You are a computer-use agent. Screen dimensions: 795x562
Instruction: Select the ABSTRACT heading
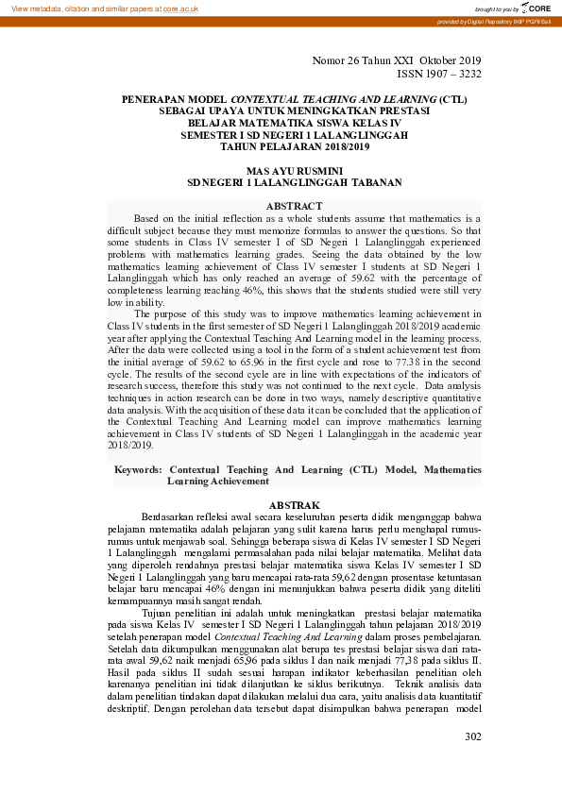click(x=294, y=206)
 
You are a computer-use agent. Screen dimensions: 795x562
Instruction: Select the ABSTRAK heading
click(x=295, y=506)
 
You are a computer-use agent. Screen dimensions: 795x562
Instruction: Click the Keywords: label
click(x=138, y=469)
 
